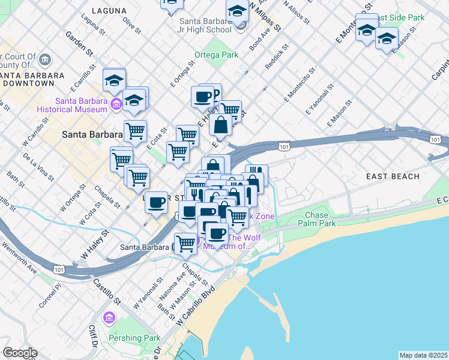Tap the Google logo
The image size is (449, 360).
pos(20,353)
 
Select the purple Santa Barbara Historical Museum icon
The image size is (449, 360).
pos(116,105)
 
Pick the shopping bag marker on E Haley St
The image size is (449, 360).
pos(220,126)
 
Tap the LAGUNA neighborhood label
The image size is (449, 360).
pos(110,11)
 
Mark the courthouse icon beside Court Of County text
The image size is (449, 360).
pos(47,59)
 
